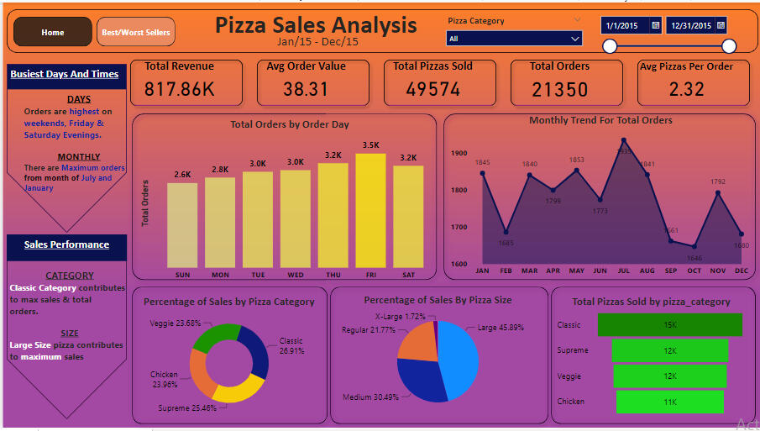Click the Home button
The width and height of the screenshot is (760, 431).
click(52, 33)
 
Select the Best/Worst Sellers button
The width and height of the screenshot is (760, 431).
click(136, 33)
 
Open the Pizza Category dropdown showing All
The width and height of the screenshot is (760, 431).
click(514, 39)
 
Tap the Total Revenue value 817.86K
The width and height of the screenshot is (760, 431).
click(179, 88)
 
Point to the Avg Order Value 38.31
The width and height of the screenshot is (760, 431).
click(306, 88)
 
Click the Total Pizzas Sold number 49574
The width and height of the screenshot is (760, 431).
click(432, 88)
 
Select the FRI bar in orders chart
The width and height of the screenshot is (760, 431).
click(370, 210)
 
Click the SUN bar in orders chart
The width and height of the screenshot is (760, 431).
click(182, 225)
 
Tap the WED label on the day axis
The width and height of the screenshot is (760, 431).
click(296, 275)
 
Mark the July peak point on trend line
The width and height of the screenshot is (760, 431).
click(623, 140)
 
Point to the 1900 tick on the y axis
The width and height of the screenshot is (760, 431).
click(459, 153)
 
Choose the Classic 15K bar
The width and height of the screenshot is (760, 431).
click(669, 325)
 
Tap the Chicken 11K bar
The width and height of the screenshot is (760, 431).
click(669, 402)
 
